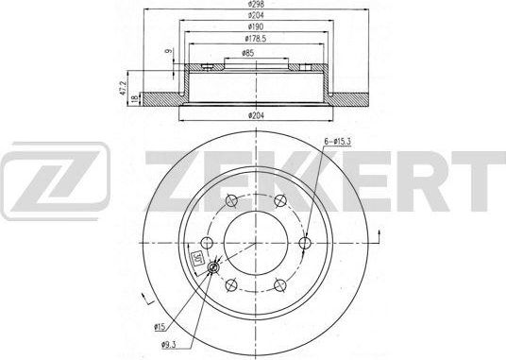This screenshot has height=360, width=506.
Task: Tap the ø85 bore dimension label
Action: pos(246,55)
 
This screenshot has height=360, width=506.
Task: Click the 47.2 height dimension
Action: pos(122,87)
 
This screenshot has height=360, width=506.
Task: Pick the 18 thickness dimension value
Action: pos(136,97)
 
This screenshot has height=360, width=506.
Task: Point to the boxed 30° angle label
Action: pos(197,257)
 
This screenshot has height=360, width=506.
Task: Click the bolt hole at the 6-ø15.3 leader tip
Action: pos(303,244)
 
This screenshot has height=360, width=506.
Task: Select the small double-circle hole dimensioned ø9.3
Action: pos(213,268)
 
